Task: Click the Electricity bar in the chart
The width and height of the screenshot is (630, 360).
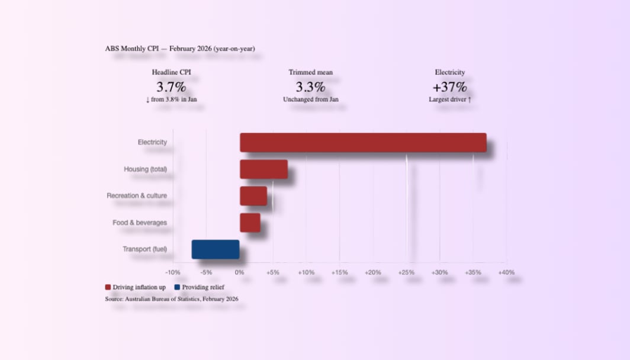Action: pos(363,143)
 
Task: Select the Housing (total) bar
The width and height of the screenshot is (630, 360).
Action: pos(263,169)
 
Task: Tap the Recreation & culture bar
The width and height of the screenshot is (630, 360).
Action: pos(253,196)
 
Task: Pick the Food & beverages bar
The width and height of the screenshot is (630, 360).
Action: pos(250,223)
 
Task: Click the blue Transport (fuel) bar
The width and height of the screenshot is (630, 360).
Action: pos(216,249)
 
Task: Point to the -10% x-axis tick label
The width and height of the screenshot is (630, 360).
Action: pos(172,272)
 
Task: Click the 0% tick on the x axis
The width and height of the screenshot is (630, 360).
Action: pos(239,272)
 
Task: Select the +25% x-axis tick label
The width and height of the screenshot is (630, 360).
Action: pos(406,272)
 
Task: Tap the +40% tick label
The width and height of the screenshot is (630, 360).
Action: pos(506,272)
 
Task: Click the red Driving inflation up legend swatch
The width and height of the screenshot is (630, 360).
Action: pos(108,287)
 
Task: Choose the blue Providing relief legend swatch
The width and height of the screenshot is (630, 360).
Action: pos(177,287)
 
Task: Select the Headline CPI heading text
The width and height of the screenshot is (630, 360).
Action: pos(171,72)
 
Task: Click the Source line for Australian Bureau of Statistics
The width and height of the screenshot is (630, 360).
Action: pos(172,299)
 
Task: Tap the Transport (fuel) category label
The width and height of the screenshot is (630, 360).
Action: pos(144,249)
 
